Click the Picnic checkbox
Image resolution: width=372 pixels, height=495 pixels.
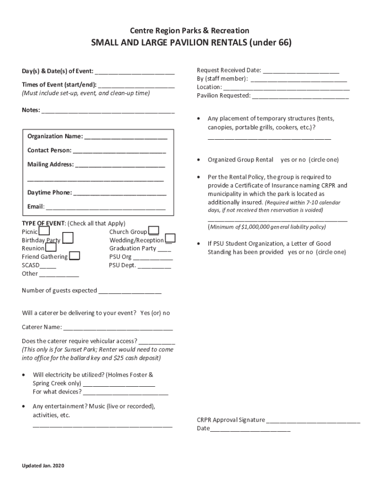(x=43, y=232)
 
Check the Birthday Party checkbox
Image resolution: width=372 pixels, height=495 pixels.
(x=68, y=238)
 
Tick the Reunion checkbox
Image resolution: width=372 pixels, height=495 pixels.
(x=51, y=247)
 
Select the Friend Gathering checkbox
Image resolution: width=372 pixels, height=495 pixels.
(x=75, y=256)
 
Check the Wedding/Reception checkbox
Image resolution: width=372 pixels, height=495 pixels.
(x=170, y=238)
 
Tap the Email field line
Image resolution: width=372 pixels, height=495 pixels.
(x=105, y=207)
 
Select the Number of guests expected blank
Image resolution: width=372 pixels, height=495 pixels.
(x=130, y=291)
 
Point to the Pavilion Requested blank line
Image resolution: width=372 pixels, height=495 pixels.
(x=300, y=96)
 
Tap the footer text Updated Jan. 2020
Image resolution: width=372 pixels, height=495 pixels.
(x=43, y=466)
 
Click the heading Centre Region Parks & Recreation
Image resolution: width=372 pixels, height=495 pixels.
(x=186, y=31)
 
